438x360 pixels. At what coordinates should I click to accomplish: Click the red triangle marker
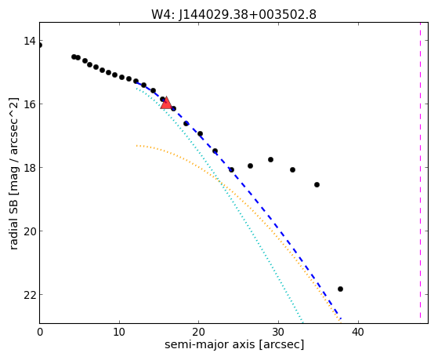pos(166,103)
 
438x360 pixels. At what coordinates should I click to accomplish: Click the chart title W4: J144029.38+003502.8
pos(233,15)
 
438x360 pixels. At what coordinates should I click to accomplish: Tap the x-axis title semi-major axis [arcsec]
pos(234,344)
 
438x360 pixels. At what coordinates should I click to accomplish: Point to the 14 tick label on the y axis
pos(30,41)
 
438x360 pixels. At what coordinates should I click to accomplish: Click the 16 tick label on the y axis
pos(30,104)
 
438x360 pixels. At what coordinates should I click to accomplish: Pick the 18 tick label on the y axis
pos(30,168)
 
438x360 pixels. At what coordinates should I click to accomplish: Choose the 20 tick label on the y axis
pos(30,231)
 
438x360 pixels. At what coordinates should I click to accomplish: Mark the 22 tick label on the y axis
pos(30,295)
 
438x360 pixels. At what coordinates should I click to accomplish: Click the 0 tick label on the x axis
pos(40,333)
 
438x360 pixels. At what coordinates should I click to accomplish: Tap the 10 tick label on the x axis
pos(119,333)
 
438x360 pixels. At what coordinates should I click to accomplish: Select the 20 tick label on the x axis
pos(198,333)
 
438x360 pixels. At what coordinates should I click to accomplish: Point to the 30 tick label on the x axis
pos(278,333)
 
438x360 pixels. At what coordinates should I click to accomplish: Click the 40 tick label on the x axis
pos(358,333)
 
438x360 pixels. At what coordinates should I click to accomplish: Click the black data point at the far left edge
pos(40,45)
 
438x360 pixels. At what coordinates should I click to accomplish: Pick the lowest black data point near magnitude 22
pos(340,289)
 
